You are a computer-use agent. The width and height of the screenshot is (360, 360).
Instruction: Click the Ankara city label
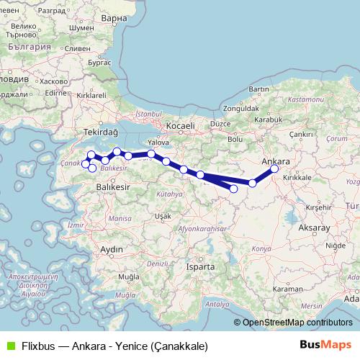[x=276, y=160]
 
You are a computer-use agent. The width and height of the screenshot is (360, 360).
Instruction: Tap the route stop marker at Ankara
[x=274, y=169]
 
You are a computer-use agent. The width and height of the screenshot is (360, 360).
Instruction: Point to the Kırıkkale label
[x=297, y=177]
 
